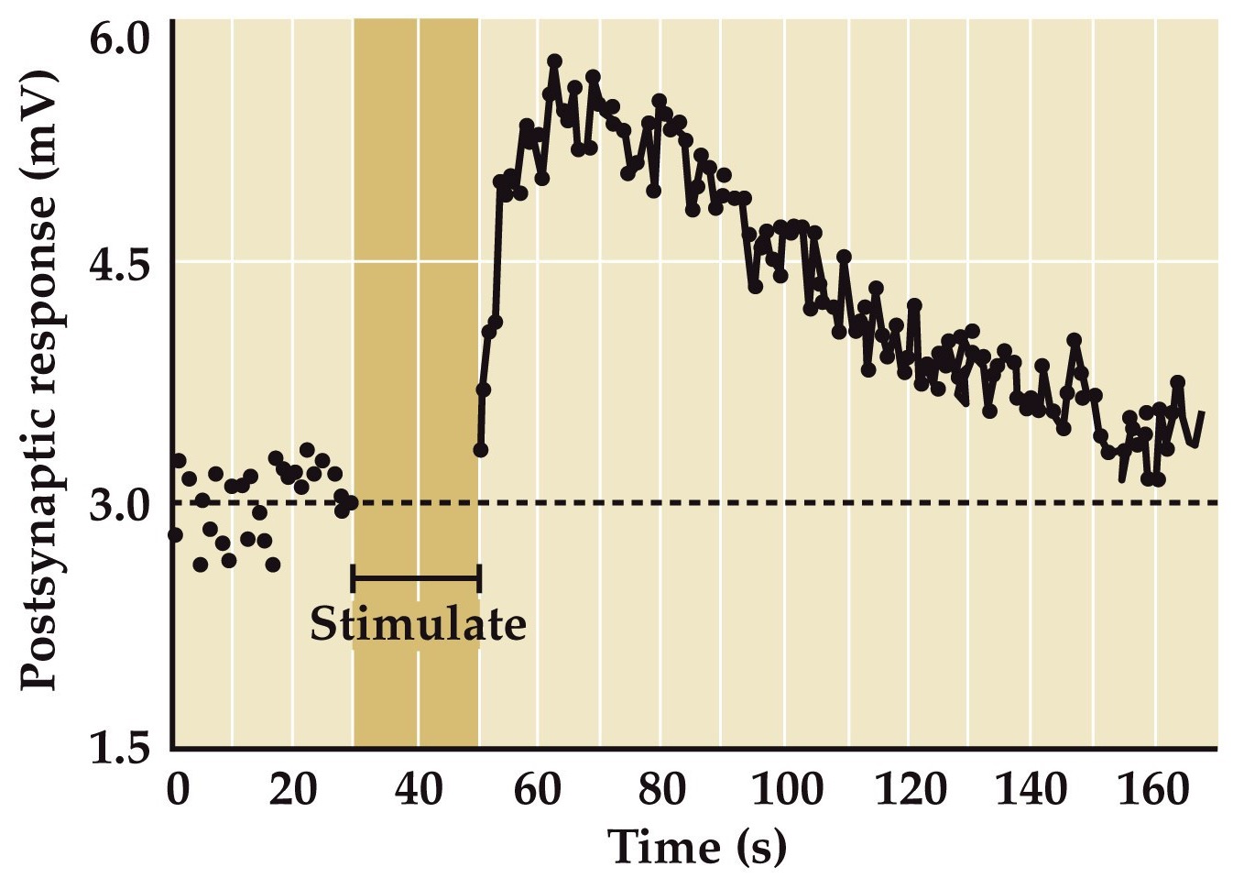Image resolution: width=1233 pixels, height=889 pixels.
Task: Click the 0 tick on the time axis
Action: tap(178, 789)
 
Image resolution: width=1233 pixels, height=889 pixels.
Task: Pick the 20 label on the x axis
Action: tap(293, 789)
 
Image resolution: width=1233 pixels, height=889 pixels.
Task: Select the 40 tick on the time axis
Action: tap(418, 789)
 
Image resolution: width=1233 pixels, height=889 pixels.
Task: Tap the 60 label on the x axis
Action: tap(539, 789)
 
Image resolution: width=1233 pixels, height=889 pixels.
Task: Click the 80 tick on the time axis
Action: tap(661, 789)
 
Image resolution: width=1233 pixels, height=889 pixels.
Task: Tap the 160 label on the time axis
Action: tap(1152, 789)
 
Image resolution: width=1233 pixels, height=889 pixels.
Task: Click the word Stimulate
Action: tap(418, 625)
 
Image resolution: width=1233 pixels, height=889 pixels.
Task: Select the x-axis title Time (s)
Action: tap(696, 845)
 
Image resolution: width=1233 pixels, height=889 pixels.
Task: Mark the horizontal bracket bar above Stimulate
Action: tap(416, 578)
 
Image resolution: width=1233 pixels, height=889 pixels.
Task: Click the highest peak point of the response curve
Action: tap(554, 61)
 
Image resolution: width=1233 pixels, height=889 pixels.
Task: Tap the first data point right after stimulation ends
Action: tap(480, 450)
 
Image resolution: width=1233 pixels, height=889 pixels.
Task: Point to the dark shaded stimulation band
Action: tap(416, 275)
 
